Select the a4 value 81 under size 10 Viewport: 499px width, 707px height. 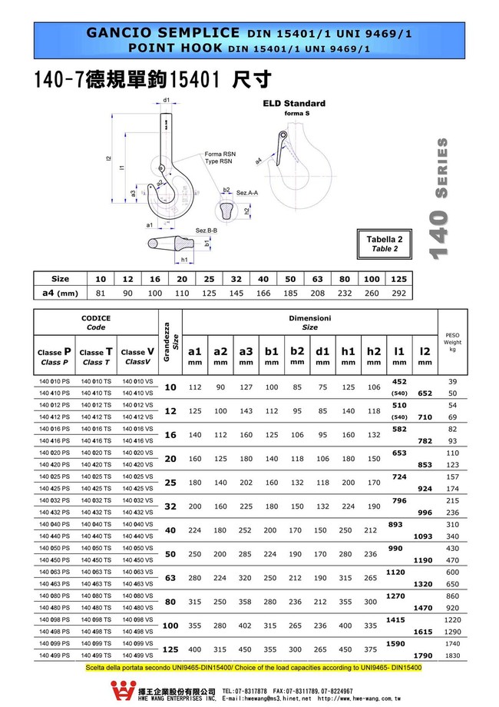101,293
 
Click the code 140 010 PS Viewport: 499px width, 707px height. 55,381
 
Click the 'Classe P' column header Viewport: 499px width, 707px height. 55,356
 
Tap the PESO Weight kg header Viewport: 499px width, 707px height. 452,342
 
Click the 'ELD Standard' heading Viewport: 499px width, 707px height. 294,103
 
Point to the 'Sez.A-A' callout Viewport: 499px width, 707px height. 247,192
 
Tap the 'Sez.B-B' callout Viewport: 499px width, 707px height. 207,231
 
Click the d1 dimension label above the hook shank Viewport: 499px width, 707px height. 167,100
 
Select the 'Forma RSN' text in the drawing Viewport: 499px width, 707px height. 220,154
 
